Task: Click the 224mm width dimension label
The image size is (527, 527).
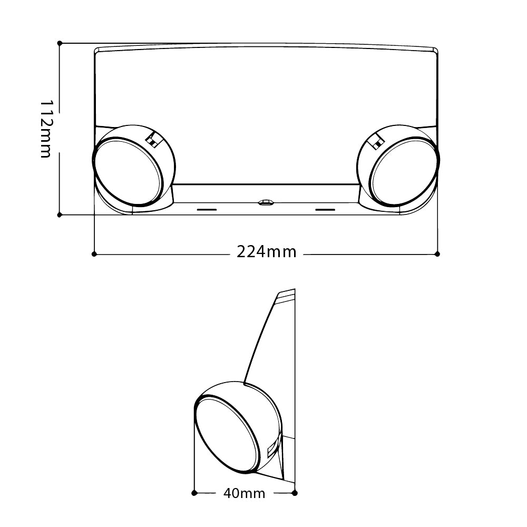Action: pos(267,252)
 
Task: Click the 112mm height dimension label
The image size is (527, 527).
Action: pos(45,129)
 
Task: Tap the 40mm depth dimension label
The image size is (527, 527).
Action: pos(245,493)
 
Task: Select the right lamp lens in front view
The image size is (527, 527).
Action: pos(404,171)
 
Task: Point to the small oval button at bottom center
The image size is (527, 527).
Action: pos(266,202)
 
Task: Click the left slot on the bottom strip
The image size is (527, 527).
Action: pos(207,210)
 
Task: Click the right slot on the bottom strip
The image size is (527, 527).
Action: pos(325,210)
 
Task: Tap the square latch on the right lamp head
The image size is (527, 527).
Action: pos(376,141)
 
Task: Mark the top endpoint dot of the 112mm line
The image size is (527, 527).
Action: pos(60,43)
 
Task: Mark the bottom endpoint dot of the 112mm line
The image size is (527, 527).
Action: pos(60,215)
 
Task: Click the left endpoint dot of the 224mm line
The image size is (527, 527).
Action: pos(94,254)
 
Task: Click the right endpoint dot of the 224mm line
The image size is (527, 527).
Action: pos(437,254)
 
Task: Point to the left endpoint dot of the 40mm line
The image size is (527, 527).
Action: pos(194,493)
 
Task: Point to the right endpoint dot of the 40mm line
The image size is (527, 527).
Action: pos(295,493)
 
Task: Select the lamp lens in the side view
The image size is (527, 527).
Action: pos(228,434)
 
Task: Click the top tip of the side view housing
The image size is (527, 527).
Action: pos(295,289)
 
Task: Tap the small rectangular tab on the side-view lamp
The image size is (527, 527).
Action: pos(271,451)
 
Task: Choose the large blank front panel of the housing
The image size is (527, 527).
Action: pos(266,114)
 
